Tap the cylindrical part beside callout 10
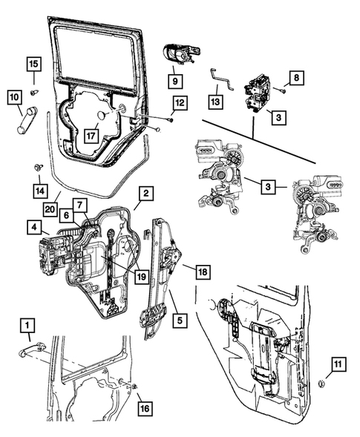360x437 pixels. click(x=27, y=119)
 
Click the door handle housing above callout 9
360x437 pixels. click(x=179, y=55)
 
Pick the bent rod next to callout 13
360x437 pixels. click(x=220, y=76)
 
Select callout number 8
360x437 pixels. click(x=295, y=76)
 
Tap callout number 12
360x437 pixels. click(x=180, y=102)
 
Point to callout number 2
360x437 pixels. click(x=146, y=194)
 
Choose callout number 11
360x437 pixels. click(x=337, y=364)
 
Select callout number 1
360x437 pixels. click(x=26, y=324)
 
